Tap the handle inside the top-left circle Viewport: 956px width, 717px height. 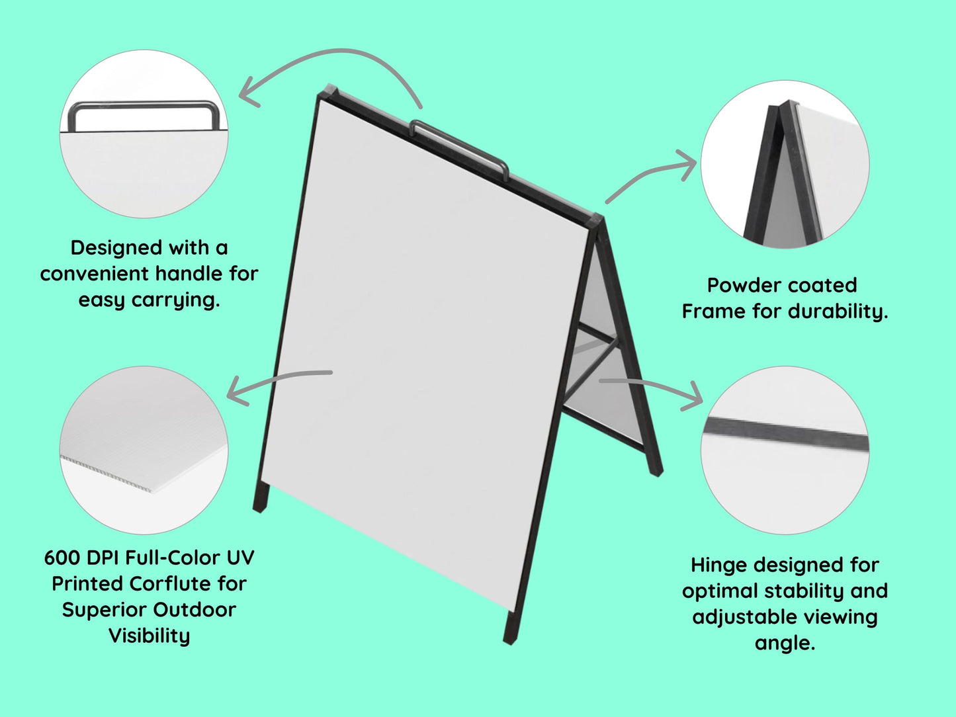pos(144,105)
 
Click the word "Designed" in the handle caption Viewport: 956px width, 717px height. pos(116,248)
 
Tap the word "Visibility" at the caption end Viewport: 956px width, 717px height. pos(149,636)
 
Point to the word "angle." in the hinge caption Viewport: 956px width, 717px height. pos(785,644)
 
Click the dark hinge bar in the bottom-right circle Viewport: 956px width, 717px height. pos(785,433)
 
